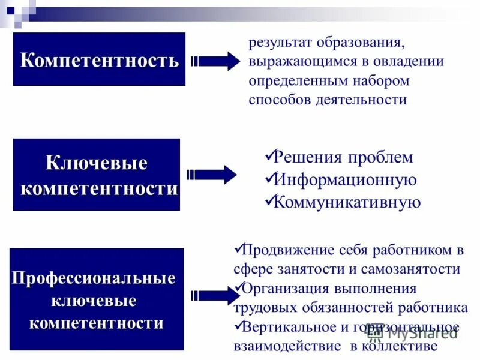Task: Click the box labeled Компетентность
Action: pos(99,59)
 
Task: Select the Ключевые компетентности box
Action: pos(96,175)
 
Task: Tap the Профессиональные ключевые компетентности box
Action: pos(97,299)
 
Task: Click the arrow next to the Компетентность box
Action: pos(215,61)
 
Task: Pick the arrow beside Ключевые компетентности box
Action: pos(213,175)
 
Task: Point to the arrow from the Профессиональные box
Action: pos(215,295)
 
